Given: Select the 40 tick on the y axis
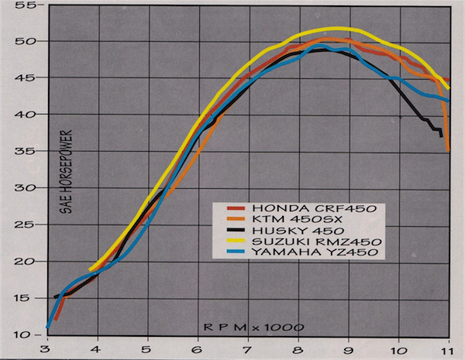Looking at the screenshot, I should (31, 115).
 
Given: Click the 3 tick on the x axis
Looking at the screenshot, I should (47, 348).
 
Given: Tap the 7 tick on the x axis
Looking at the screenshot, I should (248, 348).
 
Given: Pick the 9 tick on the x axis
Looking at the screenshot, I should (349, 348).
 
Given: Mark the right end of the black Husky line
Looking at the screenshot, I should (441, 136).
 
